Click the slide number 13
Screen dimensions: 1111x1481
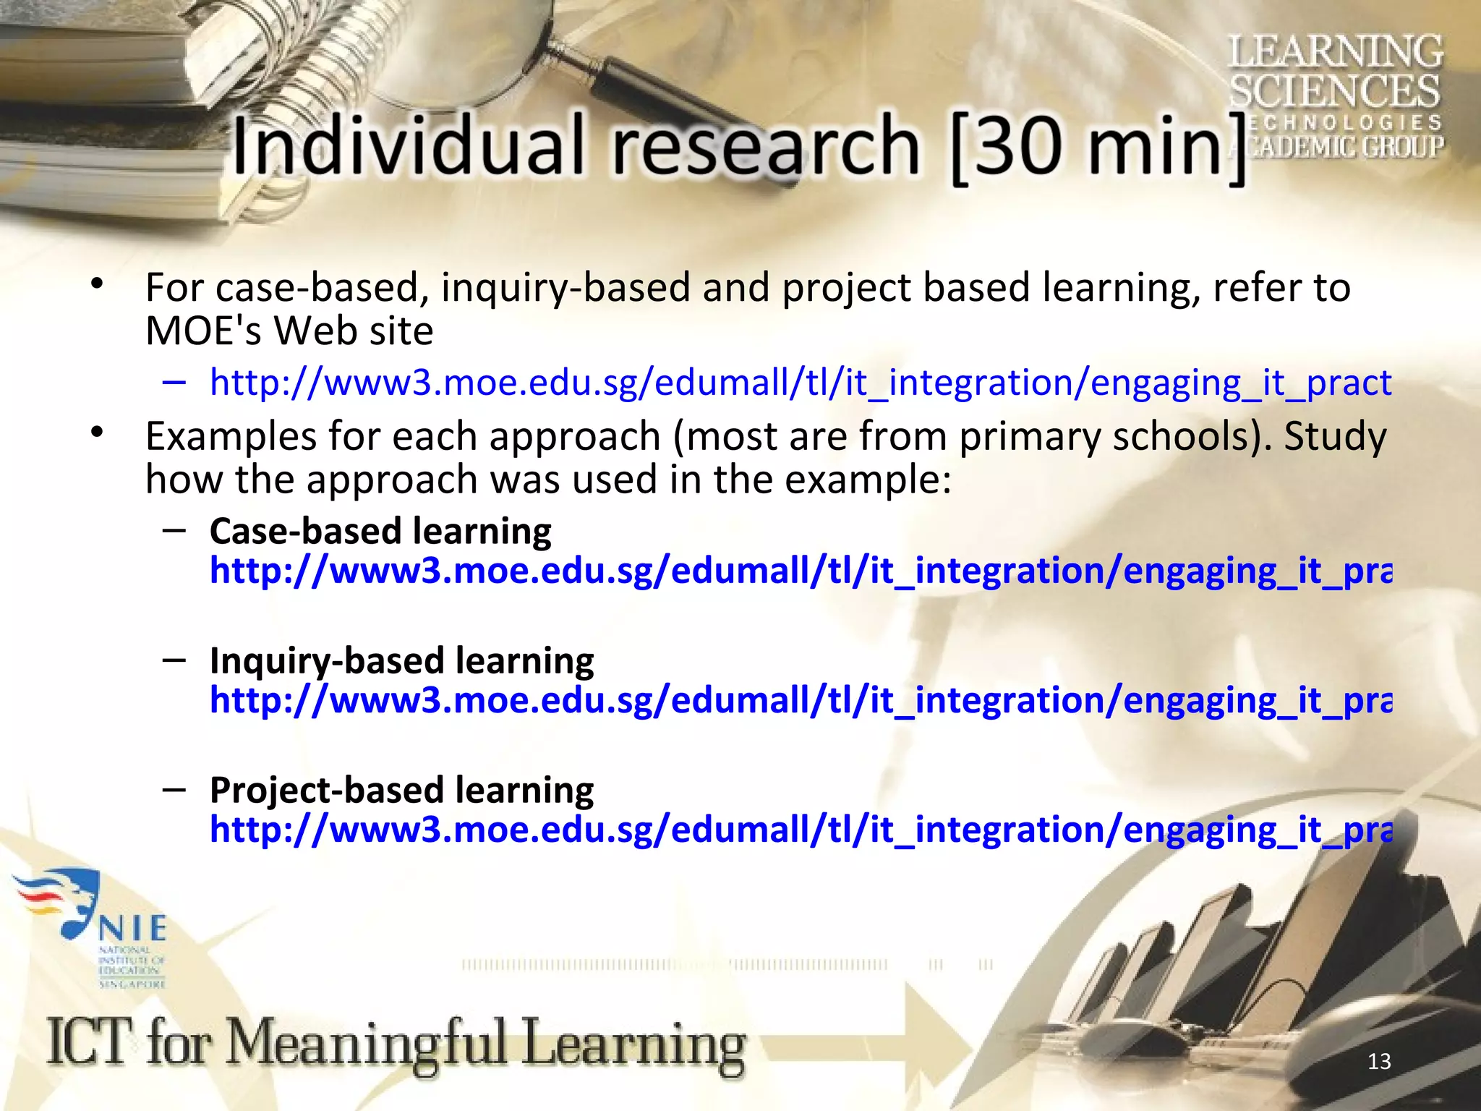1379,1061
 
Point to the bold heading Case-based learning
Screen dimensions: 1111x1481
380,532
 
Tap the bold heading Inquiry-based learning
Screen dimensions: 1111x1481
401,661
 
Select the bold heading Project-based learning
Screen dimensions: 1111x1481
401,791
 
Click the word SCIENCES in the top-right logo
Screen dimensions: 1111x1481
1335,91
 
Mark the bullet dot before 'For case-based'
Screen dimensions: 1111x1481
98,284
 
